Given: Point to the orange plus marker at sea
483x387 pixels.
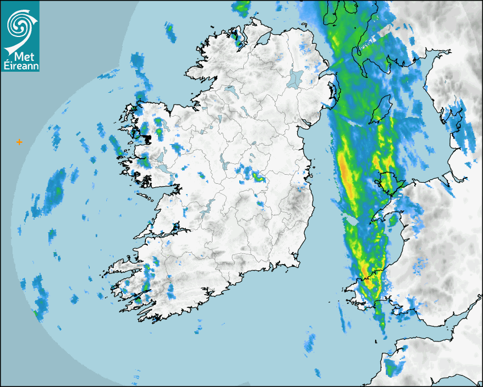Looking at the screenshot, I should [x=19, y=142].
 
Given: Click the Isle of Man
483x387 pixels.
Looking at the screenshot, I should [x=382, y=108].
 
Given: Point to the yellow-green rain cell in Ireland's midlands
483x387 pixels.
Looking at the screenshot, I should [x=259, y=177].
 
